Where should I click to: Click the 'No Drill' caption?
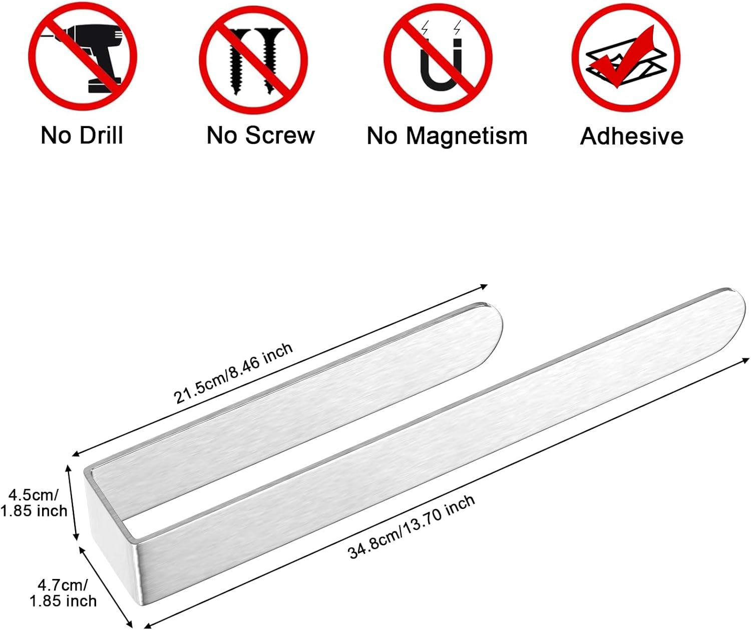click(x=82, y=136)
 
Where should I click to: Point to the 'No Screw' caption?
click(x=260, y=136)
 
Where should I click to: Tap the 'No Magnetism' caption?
click(x=447, y=137)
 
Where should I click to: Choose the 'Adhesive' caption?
click(x=631, y=137)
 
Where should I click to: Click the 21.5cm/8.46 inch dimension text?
click(x=233, y=373)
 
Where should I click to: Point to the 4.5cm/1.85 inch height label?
click(x=34, y=503)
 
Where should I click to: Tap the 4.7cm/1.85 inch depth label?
click(x=63, y=593)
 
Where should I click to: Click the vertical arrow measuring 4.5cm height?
click(x=72, y=503)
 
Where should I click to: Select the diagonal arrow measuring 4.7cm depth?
click(x=106, y=587)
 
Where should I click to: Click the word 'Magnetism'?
click(x=467, y=137)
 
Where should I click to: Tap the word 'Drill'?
click(x=102, y=136)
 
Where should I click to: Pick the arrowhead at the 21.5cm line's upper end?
click(x=484, y=287)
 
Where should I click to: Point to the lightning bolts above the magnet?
click(x=441, y=28)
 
